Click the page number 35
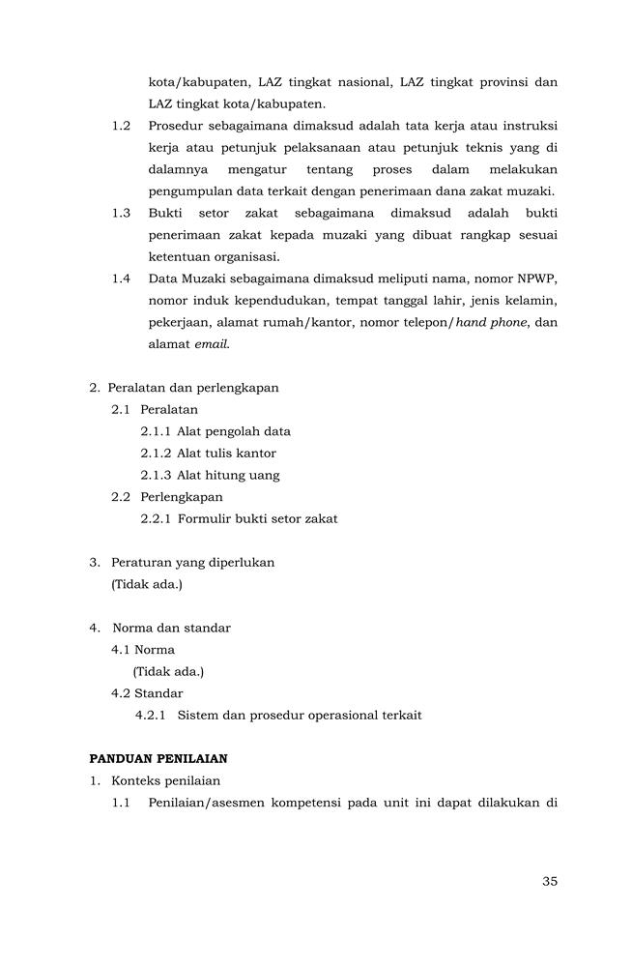coord(550,881)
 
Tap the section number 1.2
coord(121,127)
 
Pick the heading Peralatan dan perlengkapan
coord(192,388)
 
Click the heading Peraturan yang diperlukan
coord(192,562)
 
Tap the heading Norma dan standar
coord(178,628)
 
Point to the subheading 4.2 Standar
coord(147,693)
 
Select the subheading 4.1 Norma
coord(143,650)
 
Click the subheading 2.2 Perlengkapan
coord(167,497)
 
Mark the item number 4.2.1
coord(150,716)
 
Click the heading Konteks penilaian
coord(165,780)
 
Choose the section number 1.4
coord(121,278)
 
